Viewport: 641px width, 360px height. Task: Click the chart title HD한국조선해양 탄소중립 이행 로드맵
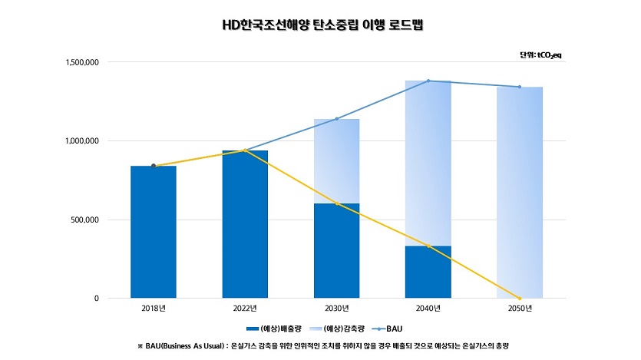(x=322, y=25)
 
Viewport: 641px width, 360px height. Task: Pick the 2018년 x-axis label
(x=153, y=309)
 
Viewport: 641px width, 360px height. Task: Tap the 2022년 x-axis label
(x=245, y=309)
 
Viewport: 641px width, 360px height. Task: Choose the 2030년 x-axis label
(x=336, y=309)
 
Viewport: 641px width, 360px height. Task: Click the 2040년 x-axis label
(x=428, y=309)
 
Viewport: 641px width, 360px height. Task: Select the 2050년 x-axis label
(x=519, y=309)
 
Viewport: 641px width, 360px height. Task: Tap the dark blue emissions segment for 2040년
(x=428, y=272)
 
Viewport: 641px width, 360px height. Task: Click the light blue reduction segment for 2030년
(x=336, y=161)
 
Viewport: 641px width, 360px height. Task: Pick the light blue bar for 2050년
(x=519, y=192)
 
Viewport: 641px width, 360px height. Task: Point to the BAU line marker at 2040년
(x=428, y=81)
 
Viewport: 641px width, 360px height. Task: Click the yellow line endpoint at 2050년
(x=519, y=299)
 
